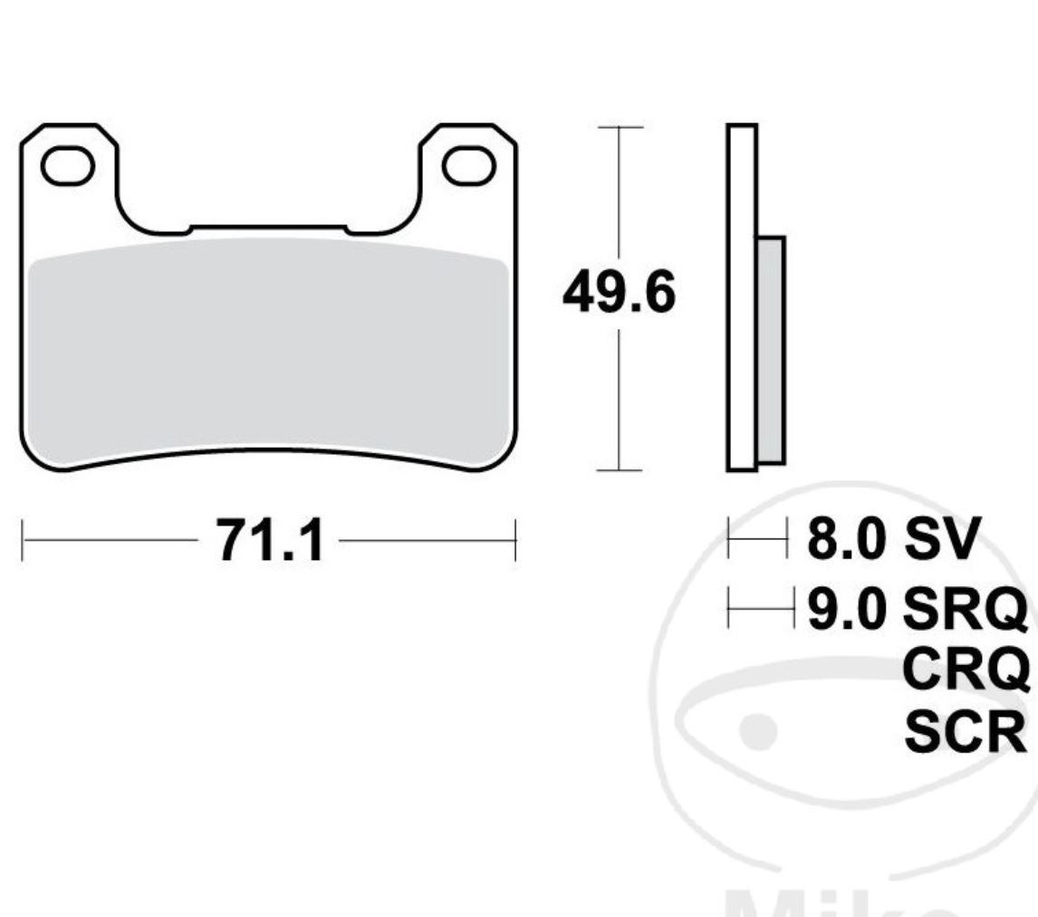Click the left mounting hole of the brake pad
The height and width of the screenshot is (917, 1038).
coord(69,166)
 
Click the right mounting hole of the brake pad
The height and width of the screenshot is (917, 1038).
coord(467,166)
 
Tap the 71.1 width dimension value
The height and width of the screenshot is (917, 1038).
coord(269,542)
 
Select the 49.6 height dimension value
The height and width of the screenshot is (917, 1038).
coord(619,294)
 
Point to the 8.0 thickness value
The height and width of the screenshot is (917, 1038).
coord(845,541)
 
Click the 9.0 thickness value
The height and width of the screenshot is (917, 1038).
coord(845,608)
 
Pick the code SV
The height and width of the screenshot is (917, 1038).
coord(942,541)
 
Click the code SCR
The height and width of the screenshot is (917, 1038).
coord(966,734)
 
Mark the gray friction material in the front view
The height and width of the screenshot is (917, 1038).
coord(268,353)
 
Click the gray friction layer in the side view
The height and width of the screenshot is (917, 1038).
coord(771,349)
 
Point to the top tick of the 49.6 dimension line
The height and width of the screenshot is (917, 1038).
coord(619,128)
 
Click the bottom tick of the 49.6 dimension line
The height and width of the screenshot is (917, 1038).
coord(619,470)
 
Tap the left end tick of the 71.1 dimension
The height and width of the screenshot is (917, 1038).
coord(23,541)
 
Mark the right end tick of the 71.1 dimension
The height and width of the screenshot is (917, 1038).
coord(514,541)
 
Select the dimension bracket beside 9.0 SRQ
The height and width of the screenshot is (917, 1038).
coord(760,608)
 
